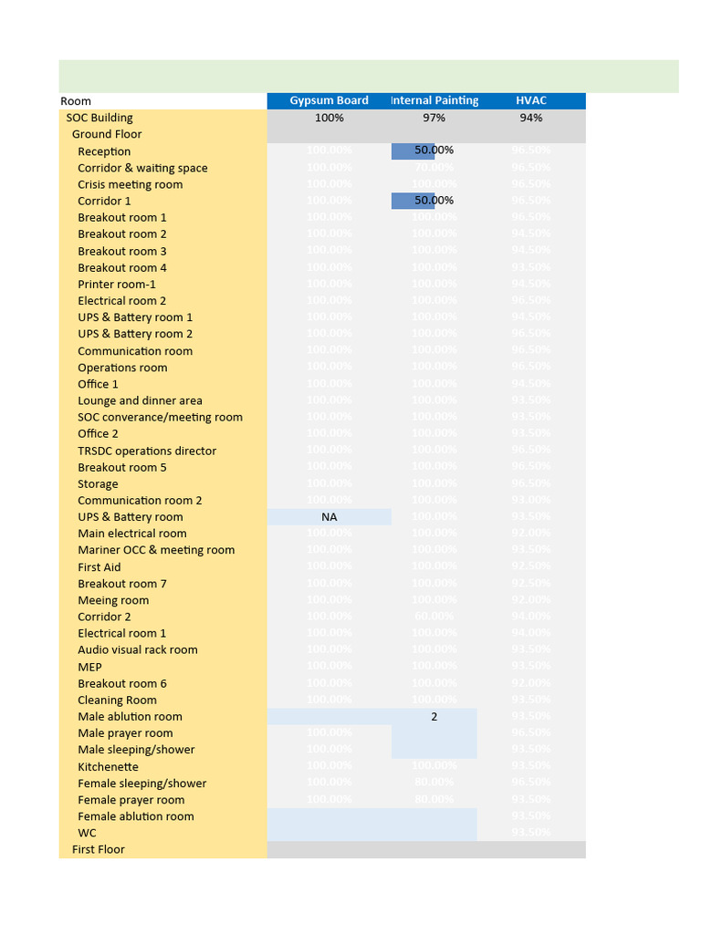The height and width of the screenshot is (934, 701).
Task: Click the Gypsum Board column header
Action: tap(329, 100)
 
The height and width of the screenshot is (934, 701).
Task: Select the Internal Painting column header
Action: tap(434, 100)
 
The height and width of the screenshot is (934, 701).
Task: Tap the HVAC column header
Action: tap(530, 100)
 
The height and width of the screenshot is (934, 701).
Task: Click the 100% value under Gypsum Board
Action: tap(329, 118)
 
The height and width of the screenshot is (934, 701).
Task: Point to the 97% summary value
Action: tap(434, 118)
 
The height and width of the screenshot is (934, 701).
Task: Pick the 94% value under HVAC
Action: tap(530, 118)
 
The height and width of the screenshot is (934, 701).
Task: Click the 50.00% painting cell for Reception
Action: tap(434, 150)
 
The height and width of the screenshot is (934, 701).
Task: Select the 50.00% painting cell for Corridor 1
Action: tap(434, 200)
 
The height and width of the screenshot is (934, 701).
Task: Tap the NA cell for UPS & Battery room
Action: tap(329, 517)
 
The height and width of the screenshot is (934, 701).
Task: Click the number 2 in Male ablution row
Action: tap(434, 717)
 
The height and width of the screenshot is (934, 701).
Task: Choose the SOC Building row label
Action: tap(99, 118)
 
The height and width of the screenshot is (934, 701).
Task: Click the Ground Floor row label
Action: tap(107, 134)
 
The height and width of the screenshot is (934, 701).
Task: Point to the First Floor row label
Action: tap(99, 849)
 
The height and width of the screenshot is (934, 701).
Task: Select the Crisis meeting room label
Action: tap(130, 184)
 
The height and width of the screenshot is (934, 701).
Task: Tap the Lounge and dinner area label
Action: tap(140, 400)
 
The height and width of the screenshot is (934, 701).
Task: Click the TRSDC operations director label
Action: tap(147, 451)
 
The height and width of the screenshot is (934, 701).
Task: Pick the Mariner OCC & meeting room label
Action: tap(156, 550)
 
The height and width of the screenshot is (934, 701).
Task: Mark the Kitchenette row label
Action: tap(108, 767)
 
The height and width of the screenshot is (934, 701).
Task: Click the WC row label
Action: tap(87, 833)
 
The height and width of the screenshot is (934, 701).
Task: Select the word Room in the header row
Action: tap(76, 101)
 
